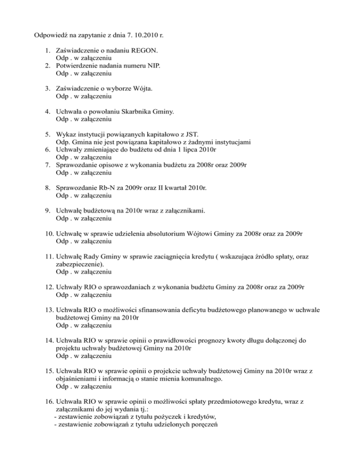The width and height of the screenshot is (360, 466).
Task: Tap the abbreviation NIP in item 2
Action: point(152,66)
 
